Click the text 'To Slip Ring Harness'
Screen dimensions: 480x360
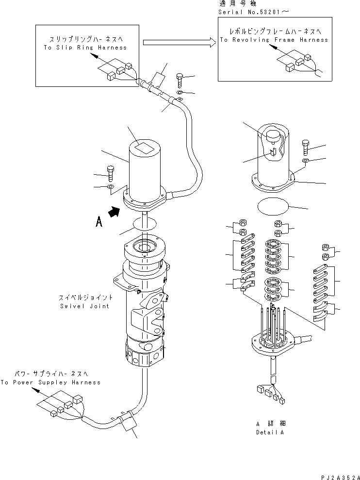point(84,48)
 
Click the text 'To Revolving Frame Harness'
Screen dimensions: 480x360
point(274,40)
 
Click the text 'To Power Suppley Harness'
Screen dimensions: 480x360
point(50,382)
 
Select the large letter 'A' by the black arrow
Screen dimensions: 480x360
point(99,222)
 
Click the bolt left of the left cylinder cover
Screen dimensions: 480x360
point(111,172)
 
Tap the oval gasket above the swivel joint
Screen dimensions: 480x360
point(144,223)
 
